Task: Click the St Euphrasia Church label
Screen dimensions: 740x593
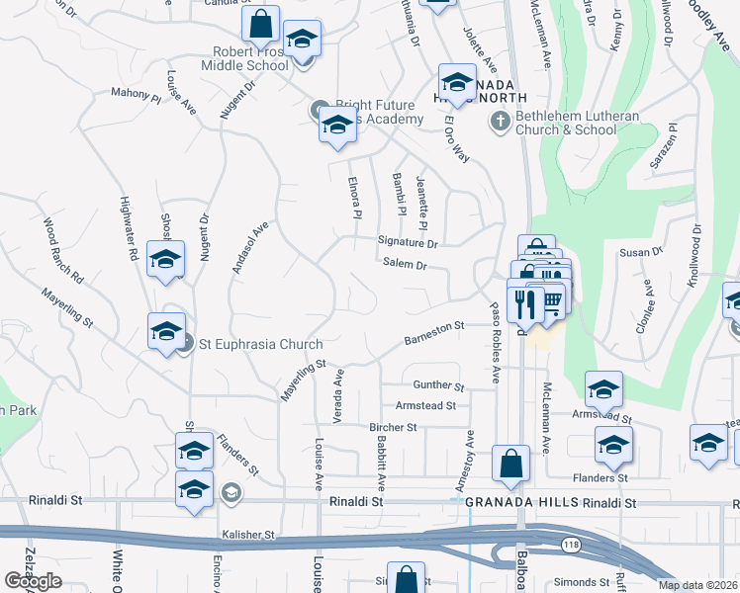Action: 261,345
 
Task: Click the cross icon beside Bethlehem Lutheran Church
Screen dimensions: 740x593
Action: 500,122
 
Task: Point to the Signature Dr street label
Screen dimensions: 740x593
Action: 407,242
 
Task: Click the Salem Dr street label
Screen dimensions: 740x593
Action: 405,265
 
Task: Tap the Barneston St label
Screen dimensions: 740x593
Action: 433,332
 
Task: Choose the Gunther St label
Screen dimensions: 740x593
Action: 438,385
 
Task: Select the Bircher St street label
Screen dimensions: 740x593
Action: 393,427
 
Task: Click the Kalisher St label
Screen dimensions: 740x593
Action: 248,535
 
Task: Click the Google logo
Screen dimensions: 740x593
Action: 34,582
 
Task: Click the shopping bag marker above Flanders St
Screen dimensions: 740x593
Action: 510,465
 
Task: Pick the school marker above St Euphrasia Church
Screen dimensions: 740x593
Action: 165,261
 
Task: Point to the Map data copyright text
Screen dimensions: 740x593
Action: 697,585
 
